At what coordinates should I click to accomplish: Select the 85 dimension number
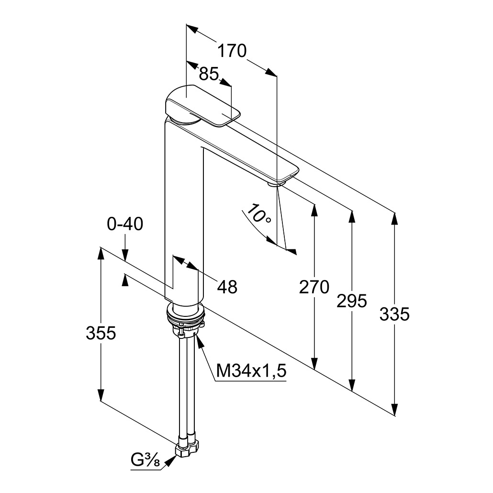208,74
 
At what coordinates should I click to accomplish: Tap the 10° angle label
259,216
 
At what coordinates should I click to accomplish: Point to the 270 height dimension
314,287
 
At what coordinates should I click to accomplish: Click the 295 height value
351,301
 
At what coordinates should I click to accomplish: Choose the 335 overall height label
394,314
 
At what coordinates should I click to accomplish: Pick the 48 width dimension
227,287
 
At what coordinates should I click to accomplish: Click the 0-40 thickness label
125,224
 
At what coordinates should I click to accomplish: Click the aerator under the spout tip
276,182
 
